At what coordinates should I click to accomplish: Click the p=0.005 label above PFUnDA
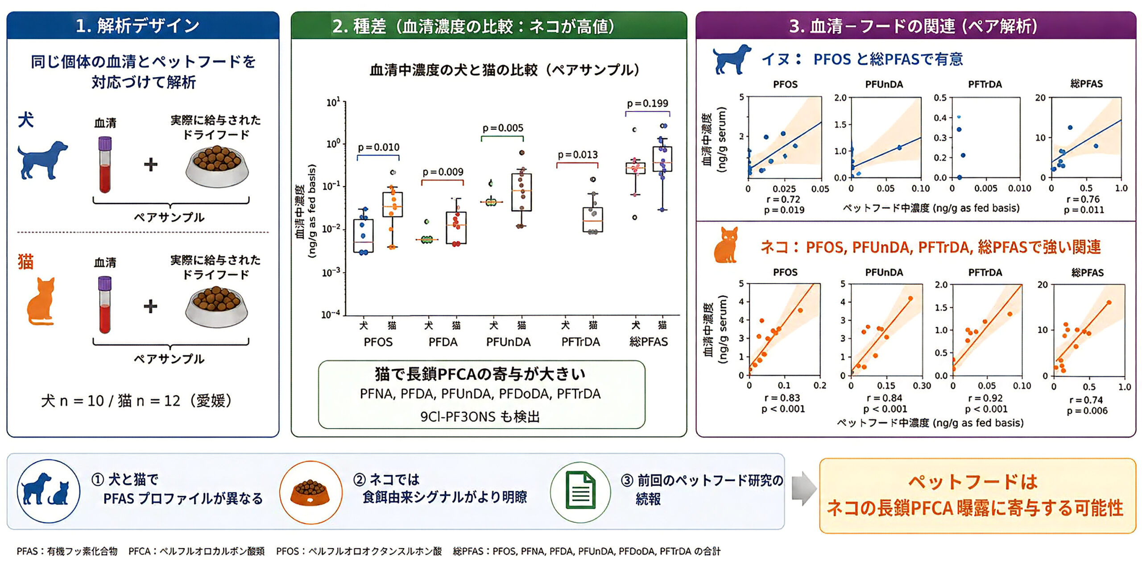point(503,128)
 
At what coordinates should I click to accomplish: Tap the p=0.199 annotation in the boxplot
point(647,103)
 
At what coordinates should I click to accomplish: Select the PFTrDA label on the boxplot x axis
point(580,342)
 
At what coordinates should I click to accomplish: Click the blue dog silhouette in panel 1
point(42,160)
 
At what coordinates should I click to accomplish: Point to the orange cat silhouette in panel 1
point(41,301)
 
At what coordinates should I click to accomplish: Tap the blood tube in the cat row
point(105,305)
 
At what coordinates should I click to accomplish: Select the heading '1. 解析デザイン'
point(137,26)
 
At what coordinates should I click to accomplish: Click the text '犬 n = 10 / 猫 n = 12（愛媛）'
point(136,400)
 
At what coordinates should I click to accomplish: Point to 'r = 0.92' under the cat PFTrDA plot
point(986,398)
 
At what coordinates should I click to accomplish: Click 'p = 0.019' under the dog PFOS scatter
point(784,210)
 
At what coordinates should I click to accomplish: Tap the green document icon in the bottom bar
point(580,491)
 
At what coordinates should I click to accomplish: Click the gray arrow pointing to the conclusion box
point(804,489)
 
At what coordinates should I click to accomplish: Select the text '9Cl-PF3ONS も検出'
point(480,416)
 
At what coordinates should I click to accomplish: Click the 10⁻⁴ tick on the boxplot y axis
point(331,314)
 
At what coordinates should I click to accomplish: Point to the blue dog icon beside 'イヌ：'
point(732,59)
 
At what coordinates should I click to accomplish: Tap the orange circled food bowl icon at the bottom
point(310,492)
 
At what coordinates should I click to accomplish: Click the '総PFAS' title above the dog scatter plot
point(1086,84)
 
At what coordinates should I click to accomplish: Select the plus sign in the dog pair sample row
point(151,165)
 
